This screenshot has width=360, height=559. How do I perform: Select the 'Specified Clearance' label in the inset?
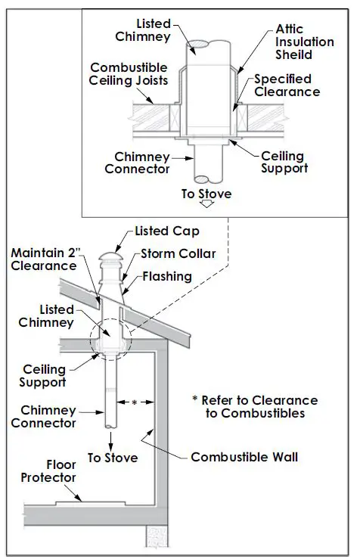coord(287,85)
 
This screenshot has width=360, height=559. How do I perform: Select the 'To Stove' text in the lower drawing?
coord(112,458)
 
